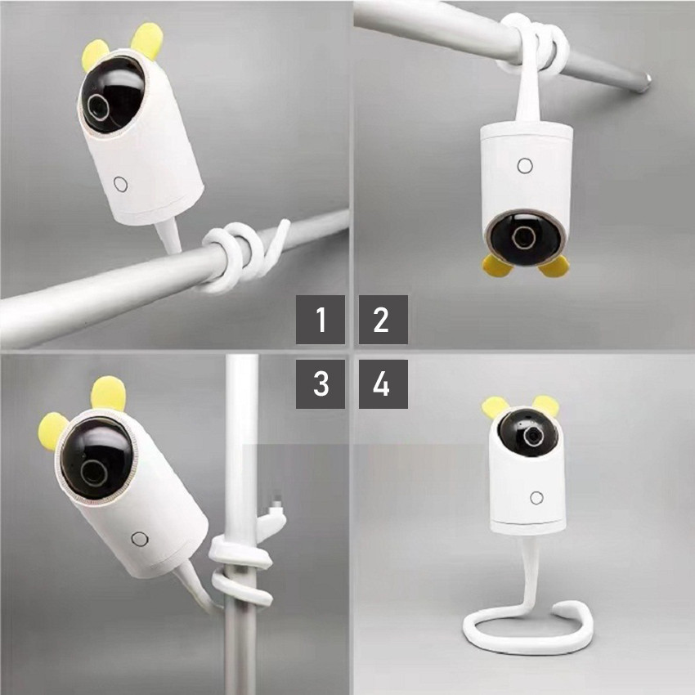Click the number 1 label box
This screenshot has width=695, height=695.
321,320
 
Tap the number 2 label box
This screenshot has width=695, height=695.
383,320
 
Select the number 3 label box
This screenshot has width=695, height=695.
321,383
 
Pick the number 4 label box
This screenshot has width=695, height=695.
383,383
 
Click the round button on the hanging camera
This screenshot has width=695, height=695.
525,166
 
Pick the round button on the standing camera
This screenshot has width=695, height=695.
536,497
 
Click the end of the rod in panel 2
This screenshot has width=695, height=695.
646,79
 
